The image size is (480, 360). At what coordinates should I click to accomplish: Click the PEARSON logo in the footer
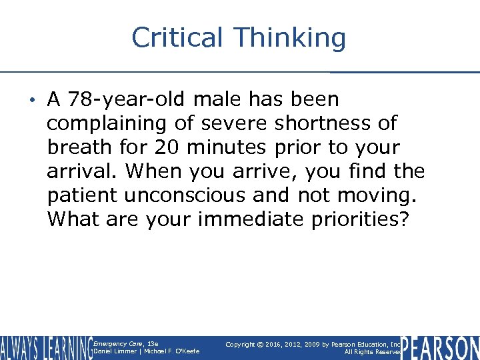pyautogui.click(x=441, y=347)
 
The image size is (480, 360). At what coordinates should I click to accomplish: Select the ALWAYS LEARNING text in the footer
pyautogui.click(x=46, y=348)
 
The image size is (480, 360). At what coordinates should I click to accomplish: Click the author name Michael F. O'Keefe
pyautogui.click(x=175, y=352)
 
